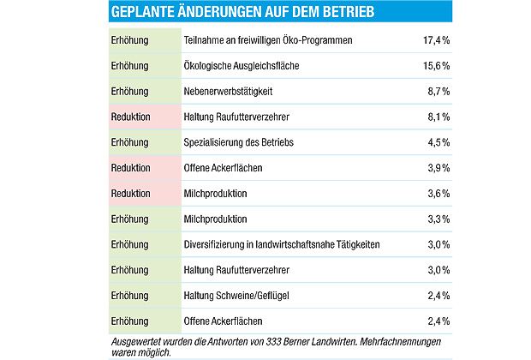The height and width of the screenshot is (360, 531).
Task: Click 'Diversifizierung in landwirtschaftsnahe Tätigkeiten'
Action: point(282,245)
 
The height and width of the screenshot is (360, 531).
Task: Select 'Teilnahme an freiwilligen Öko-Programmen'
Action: point(268,40)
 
